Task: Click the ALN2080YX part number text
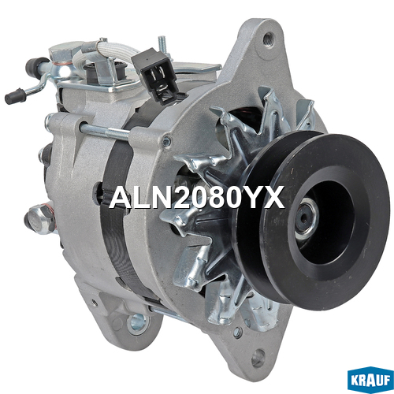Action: pos(197,198)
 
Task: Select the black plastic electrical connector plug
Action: pos(154,76)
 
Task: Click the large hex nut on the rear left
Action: pos(40,217)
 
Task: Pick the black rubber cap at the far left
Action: pos(14,96)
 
